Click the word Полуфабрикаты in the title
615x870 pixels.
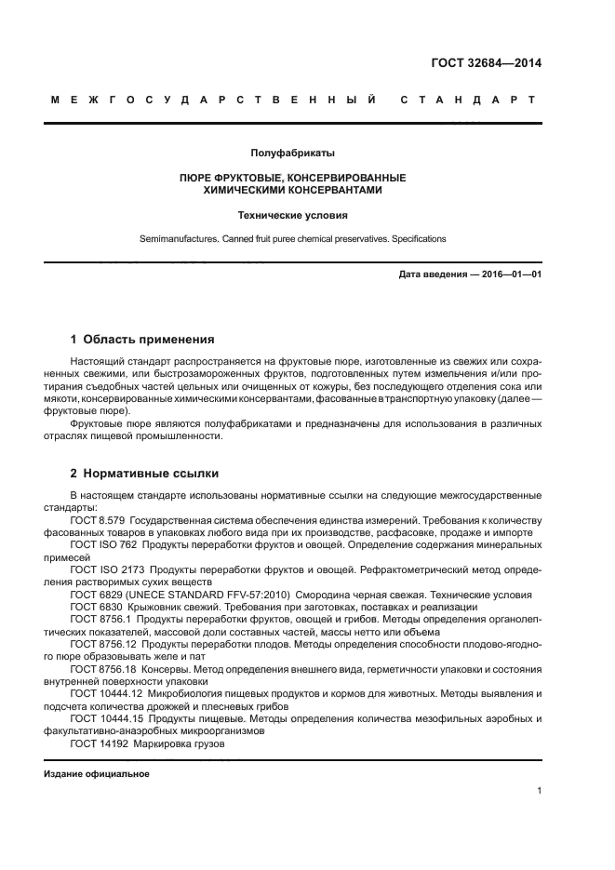[x=292, y=153]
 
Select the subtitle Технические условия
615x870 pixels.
[x=292, y=215]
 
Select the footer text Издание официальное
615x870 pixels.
[x=97, y=774]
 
